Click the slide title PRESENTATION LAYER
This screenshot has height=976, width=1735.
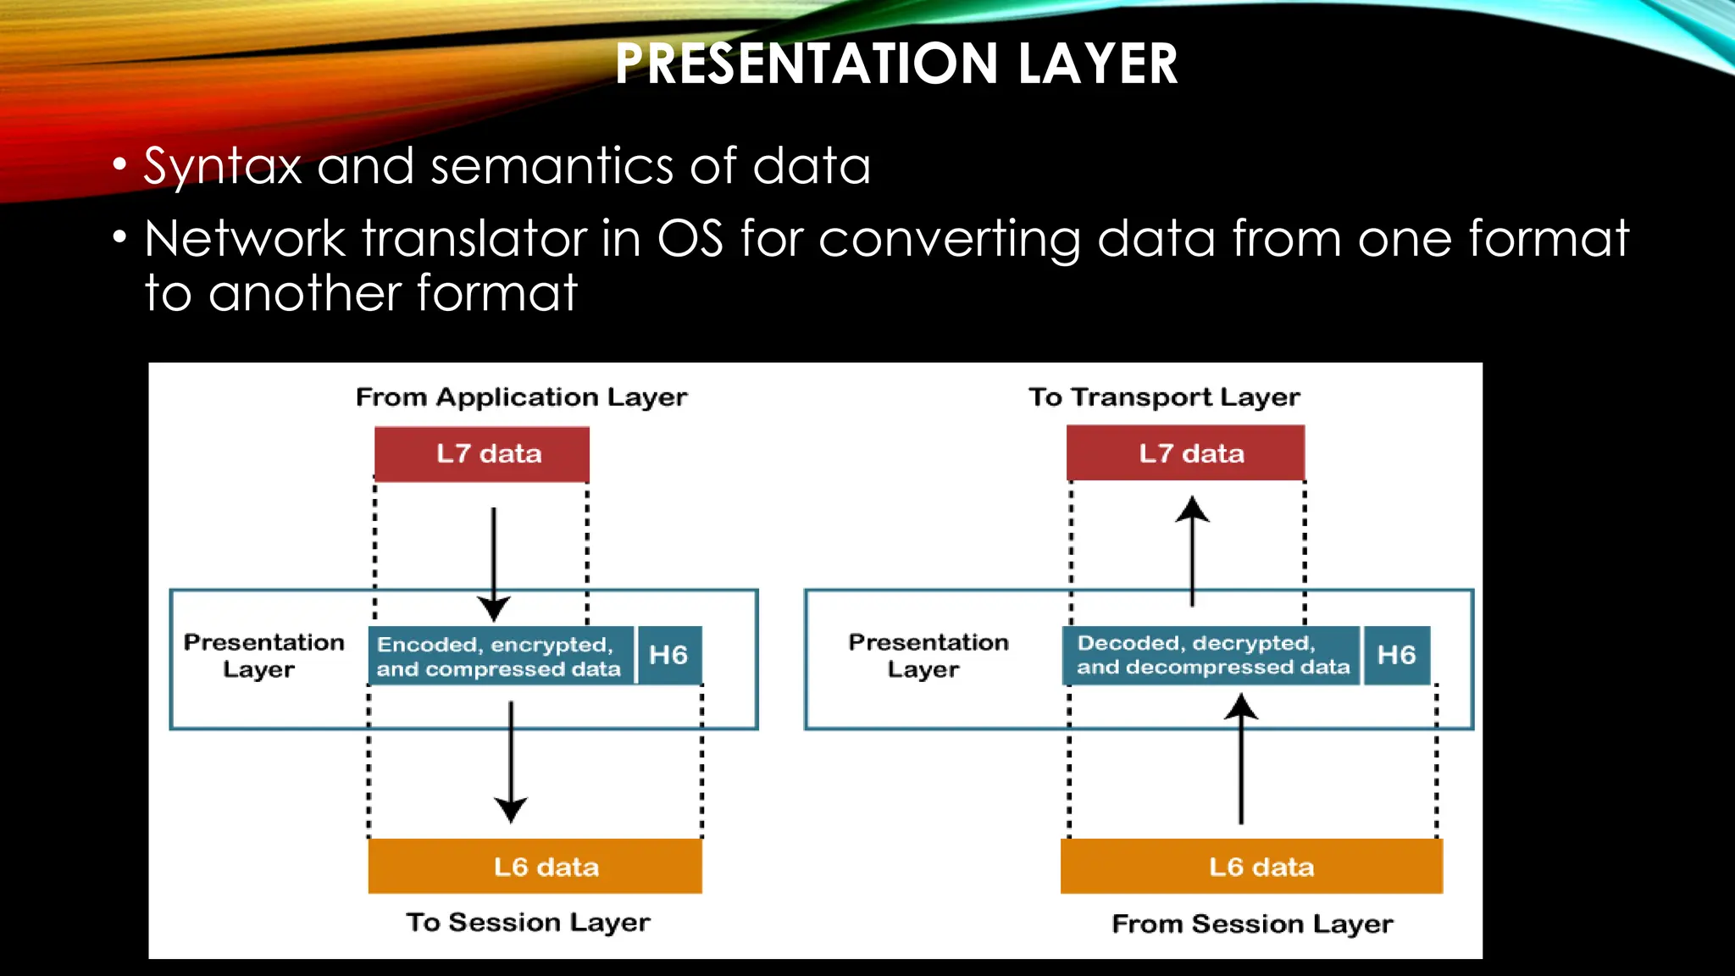tap(896, 64)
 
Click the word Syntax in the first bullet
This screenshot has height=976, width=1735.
tap(223, 166)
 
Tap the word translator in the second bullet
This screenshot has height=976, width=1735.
tap(474, 239)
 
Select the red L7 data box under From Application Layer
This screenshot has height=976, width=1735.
tap(482, 454)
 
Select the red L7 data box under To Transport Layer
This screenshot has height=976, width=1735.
tap(1185, 453)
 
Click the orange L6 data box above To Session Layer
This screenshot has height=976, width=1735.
tap(535, 867)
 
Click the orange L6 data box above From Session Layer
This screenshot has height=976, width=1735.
tap(1251, 867)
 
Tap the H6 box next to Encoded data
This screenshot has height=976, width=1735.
tap(668, 655)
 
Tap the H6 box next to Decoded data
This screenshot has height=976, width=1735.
tap(1396, 655)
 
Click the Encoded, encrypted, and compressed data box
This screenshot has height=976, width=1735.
tap(501, 656)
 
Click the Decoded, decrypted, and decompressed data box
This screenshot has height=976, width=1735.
tap(1211, 655)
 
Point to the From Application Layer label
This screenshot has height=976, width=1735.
tap(521, 397)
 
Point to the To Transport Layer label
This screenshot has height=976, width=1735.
tap(1164, 397)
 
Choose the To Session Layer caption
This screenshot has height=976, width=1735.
tap(528, 922)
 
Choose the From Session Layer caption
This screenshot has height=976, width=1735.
tap(1252, 923)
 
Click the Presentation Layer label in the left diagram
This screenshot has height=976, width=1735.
tap(263, 656)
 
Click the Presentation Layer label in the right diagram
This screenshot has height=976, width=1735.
tap(928, 656)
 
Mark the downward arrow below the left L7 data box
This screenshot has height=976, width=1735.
tap(494, 563)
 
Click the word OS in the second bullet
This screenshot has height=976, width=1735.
tap(690, 239)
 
